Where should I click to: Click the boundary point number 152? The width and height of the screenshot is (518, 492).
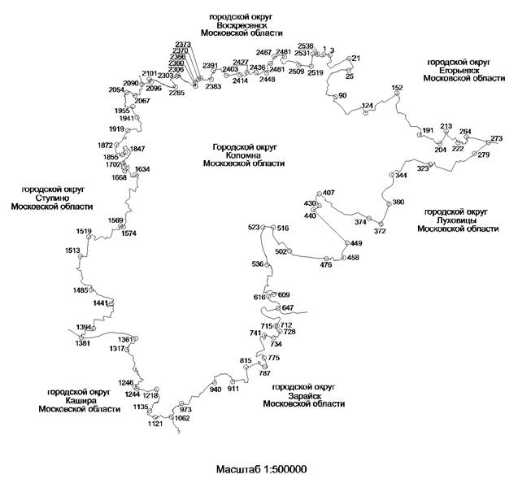[397, 88]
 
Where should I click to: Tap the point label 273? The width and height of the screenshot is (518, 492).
[497, 138]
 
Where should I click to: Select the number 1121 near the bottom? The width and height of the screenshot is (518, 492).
[155, 425]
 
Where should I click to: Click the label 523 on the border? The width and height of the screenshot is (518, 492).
[255, 228]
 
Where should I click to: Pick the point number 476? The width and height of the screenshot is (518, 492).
[326, 265]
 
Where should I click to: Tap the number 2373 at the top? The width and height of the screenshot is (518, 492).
[183, 44]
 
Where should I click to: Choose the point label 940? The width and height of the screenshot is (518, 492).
[215, 390]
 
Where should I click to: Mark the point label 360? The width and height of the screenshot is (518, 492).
[398, 202]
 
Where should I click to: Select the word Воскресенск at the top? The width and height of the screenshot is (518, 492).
[243, 24]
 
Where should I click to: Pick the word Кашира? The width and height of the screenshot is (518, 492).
[78, 400]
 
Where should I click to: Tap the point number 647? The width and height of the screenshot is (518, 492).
[287, 307]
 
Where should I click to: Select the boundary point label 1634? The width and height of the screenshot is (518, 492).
[142, 169]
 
